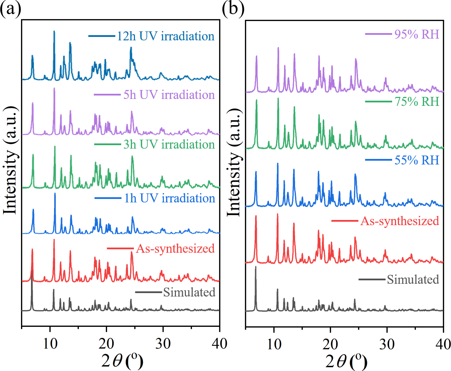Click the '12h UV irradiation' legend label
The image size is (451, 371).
click(x=165, y=36)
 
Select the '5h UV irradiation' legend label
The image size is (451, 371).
click(x=169, y=95)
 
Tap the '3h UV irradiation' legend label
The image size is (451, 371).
click(x=169, y=144)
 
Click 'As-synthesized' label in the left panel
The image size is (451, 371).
click(x=175, y=249)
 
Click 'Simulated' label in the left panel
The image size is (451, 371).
click(x=189, y=292)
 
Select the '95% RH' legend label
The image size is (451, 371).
click(x=417, y=34)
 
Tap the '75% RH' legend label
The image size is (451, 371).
click(x=417, y=102)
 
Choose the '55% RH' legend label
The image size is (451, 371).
click(x=417, y=160)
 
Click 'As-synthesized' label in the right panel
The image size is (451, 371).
click(x=399, y=221)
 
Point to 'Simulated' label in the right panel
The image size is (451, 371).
click(x=413, y=279)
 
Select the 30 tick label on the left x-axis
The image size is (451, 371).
click(x=162, y=343)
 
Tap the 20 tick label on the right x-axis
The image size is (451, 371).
click(x=330, y=344)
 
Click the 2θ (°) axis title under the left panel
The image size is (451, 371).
click(x=122, y=361)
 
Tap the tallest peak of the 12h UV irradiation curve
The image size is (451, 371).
click(x=54, y=31)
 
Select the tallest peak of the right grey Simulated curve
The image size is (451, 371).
click(x=256, y=267)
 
